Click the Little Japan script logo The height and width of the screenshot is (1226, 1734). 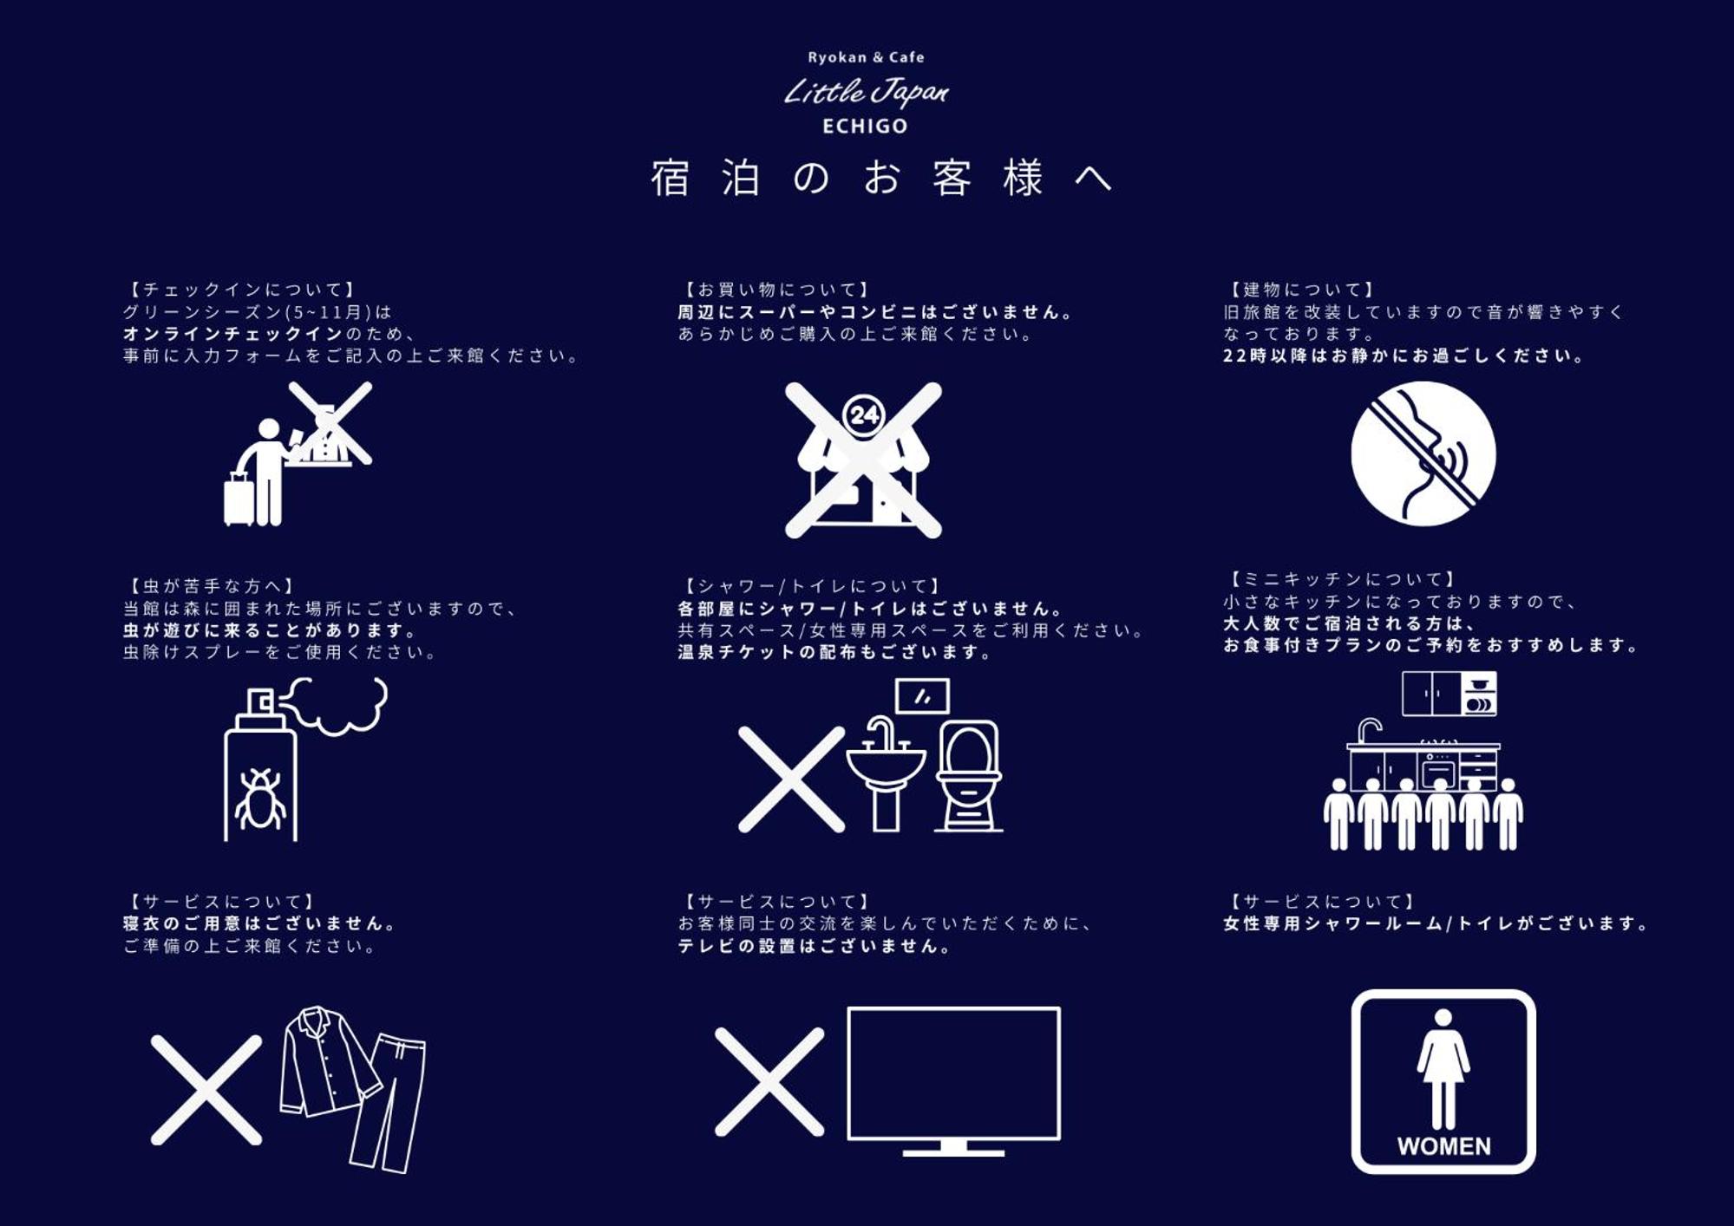866,91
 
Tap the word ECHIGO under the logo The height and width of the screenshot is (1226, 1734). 865,127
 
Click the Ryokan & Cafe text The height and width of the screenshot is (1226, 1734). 866,57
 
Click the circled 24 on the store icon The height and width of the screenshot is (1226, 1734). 864,415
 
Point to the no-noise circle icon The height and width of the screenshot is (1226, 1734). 1423,453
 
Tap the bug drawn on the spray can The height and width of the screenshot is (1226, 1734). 260,798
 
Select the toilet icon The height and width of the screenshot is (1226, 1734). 968,775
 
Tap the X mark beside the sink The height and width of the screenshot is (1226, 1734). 791,779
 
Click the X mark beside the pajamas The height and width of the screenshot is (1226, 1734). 206,1090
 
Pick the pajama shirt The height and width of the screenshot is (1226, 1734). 329,1061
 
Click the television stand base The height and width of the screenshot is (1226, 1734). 953,1149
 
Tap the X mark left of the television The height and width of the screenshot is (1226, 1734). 769,1082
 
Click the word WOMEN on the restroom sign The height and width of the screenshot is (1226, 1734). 1443,1146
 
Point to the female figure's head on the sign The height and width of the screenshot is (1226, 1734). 1443,1018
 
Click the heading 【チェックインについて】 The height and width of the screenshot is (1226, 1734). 242,290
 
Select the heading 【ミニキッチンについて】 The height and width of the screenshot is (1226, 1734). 1342,579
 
